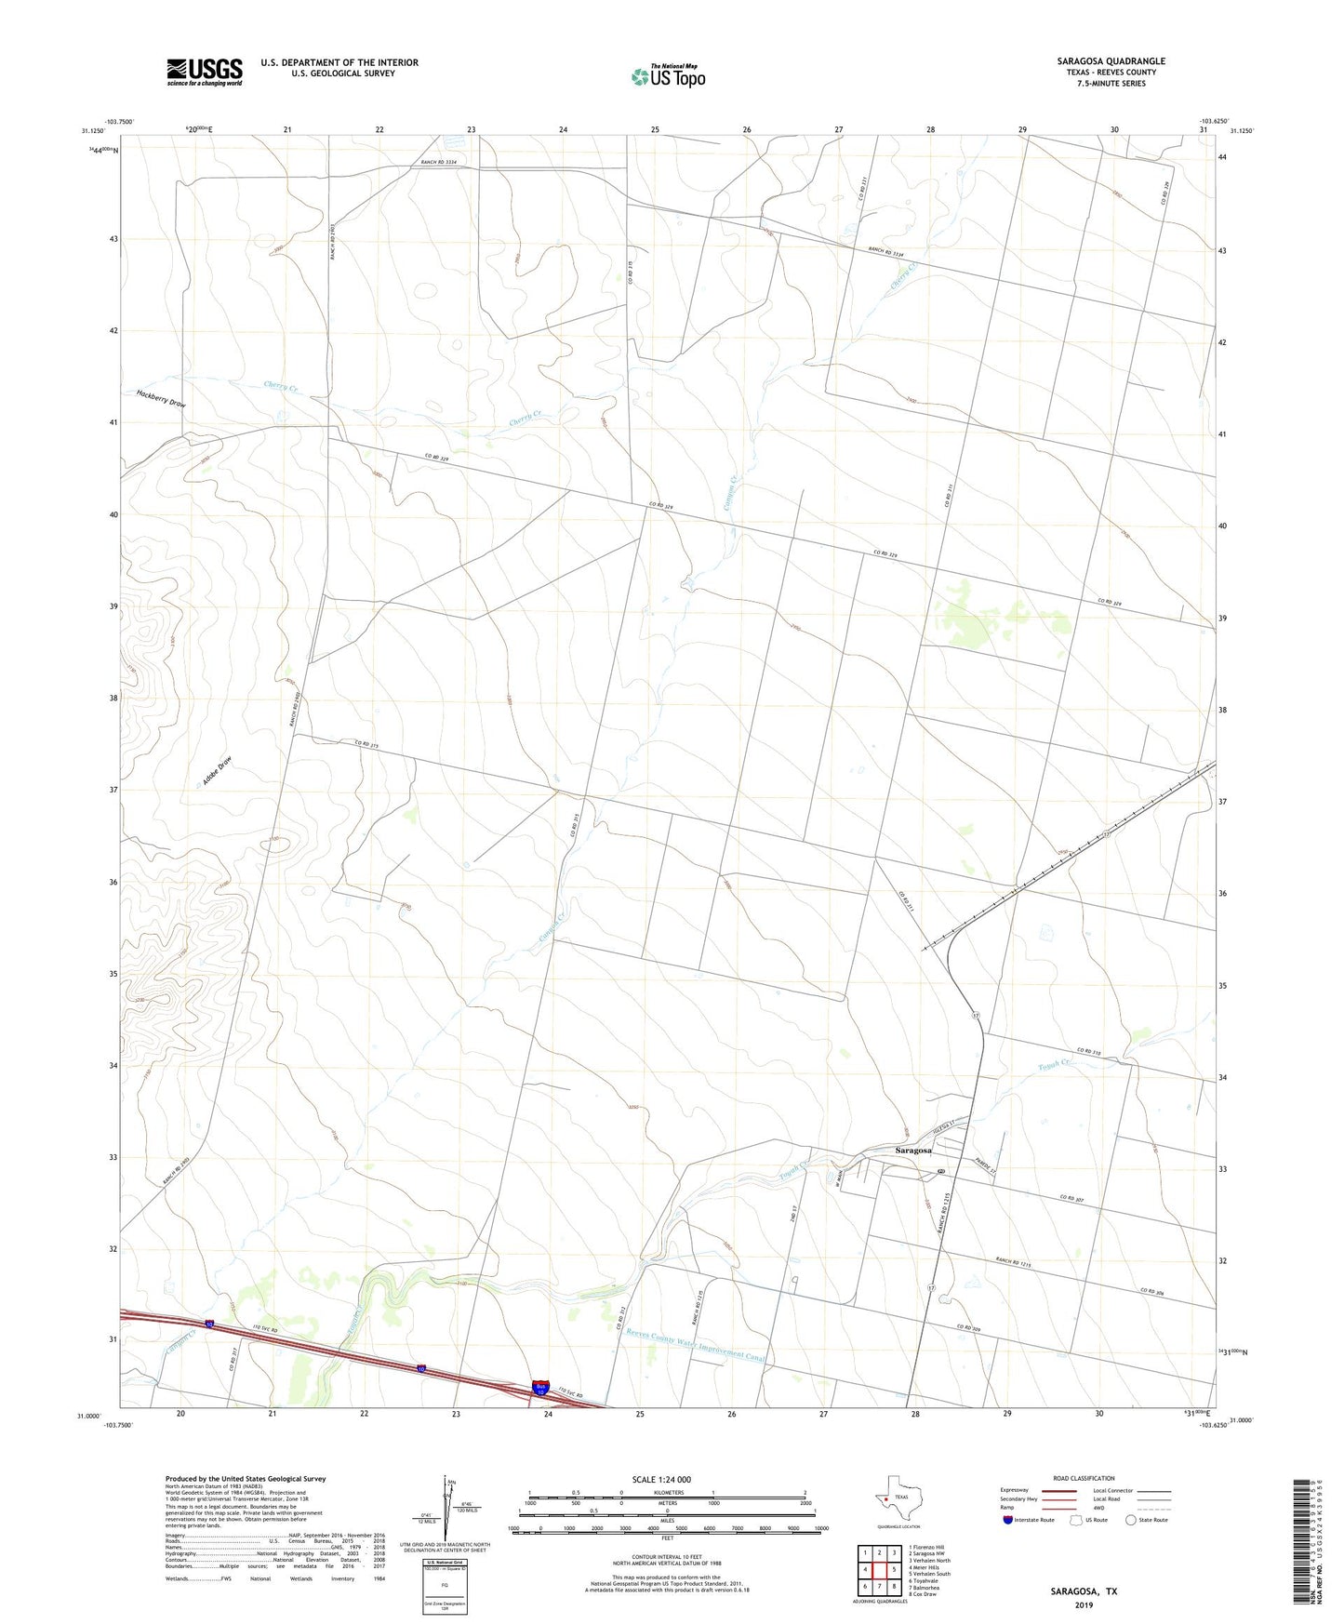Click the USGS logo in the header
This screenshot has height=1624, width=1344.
205,72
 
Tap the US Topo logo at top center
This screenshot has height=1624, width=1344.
668,76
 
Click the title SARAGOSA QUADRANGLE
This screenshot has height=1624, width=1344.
1111,61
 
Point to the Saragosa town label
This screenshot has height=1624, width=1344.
912,1151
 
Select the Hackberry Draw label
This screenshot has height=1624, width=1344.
161,398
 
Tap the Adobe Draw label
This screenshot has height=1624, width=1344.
217,771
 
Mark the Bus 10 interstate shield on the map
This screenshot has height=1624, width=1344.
541,1388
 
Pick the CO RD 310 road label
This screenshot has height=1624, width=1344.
1089,1052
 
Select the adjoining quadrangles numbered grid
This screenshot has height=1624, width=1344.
879,1571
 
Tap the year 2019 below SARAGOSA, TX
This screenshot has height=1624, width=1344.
1084,1604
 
